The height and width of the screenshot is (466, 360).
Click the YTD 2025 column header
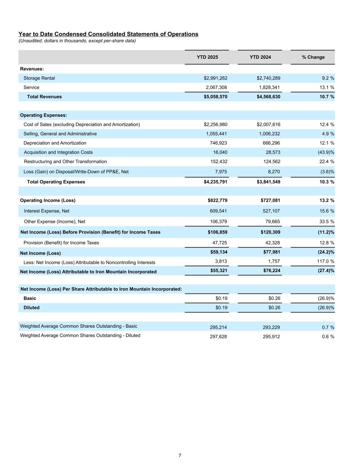[207, 57]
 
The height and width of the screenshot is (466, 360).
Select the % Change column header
[313, 57]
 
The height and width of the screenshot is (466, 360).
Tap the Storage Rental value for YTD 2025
[215, 78]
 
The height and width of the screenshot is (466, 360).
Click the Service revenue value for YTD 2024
[269, 87]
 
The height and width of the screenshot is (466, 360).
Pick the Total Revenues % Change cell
[325, 97]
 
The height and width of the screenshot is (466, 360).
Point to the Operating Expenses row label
[43, 115]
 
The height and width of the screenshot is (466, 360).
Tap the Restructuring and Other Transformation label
[65, 161]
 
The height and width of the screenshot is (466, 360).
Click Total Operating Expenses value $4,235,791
[215, 182]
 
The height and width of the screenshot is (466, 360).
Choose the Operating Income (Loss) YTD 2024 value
[270, 200]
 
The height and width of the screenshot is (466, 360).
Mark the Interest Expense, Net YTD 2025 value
[218, 211]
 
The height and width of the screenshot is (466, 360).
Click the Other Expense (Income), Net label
[55, 222]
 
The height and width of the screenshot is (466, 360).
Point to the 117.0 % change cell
[326, 261]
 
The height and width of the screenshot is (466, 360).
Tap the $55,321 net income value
[219, 270]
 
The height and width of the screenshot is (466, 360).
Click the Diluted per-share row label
[31, 308]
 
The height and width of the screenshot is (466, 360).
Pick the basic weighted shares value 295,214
[218, 327]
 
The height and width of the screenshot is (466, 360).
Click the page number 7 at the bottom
[180, 455]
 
